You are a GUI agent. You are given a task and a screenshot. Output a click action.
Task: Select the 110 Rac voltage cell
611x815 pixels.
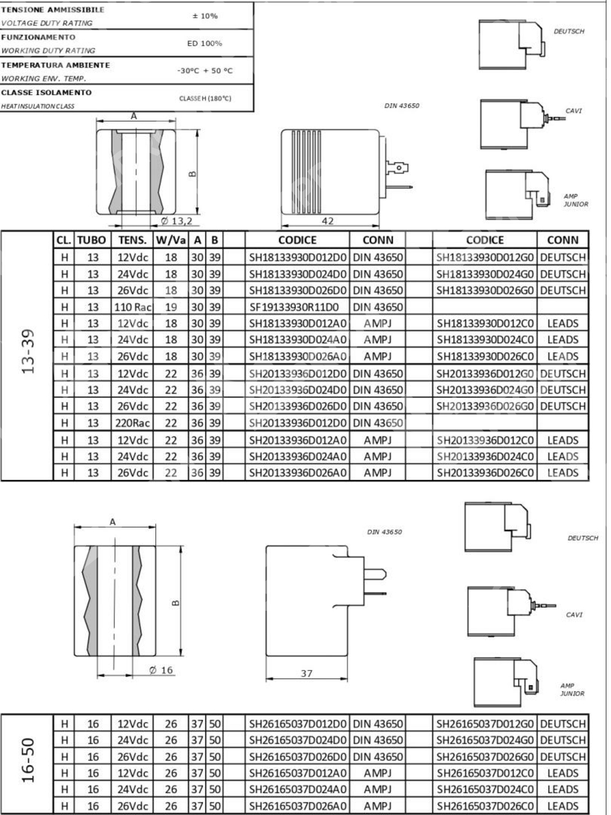132,307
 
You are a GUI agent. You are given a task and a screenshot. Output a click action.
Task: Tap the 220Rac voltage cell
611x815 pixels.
132,422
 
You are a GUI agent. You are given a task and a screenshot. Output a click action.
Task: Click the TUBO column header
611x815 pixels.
92,240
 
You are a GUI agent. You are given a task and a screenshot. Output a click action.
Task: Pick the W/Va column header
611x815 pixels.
170,240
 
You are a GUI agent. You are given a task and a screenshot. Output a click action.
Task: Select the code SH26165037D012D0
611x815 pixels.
297,724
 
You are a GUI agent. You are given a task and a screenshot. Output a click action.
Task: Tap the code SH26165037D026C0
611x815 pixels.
485,806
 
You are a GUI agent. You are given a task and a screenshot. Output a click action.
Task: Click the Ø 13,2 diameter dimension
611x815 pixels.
177,221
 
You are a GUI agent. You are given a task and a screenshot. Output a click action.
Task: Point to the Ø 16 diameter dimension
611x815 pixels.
161,670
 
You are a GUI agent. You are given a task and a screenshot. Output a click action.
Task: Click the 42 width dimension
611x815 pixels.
327,221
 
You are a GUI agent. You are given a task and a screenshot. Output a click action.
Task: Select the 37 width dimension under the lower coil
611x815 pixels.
307,673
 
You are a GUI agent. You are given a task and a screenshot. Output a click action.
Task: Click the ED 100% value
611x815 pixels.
205,43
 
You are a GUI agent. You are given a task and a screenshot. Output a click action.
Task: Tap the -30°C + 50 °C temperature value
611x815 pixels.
205,71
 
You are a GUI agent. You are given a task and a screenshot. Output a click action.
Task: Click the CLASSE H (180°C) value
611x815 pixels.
205,98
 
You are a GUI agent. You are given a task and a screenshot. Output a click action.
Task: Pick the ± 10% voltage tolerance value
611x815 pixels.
205,16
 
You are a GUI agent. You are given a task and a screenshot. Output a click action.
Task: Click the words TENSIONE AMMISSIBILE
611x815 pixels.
53,10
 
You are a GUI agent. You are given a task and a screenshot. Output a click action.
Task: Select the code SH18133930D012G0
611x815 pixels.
485,257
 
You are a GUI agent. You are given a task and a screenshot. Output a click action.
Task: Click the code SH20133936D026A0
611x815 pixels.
297,473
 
